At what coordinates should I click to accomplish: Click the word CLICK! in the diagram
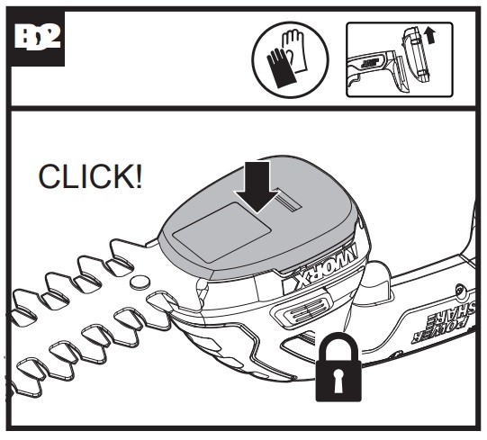[x=90, y=176]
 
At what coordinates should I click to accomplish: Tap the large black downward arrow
[x=257, y=187]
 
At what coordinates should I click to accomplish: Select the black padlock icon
[x=338, y=367]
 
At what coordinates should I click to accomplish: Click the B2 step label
[x=37, y=38]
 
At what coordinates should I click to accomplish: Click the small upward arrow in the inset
[x=429, y=35]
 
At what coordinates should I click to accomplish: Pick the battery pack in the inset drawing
[x=416, y=56]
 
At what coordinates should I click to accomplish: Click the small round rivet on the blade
[x=140, y=283]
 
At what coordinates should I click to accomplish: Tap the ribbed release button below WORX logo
[x=302, y=310]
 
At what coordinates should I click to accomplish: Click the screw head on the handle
[x=460, y=291]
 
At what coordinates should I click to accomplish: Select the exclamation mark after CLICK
[x=139, y=176]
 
